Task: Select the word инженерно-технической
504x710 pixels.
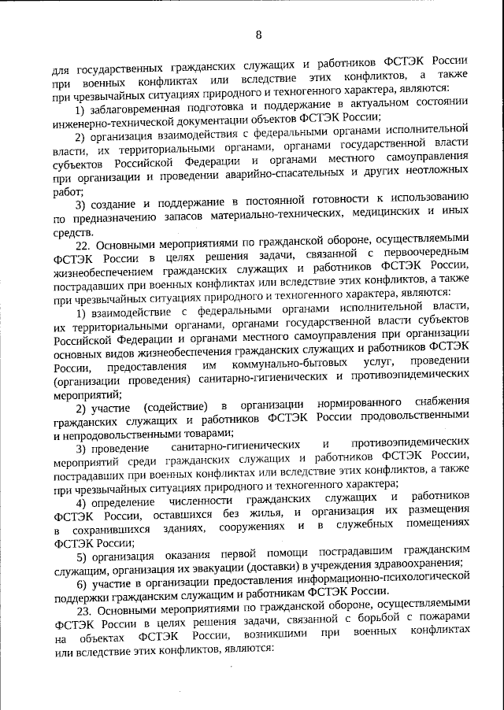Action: coord(115,120)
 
